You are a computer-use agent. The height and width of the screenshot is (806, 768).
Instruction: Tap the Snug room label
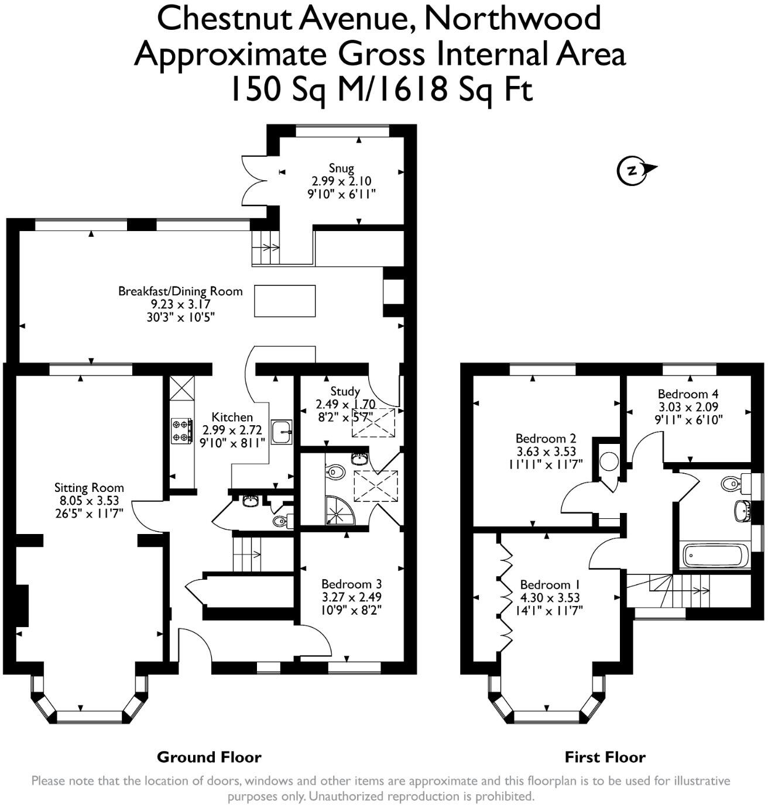point(341,168)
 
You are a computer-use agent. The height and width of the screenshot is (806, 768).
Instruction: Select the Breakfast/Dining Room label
point(180,291)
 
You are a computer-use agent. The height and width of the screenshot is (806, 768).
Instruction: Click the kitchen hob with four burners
point(181,430)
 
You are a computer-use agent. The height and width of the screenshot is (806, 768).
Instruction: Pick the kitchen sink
point(282,432)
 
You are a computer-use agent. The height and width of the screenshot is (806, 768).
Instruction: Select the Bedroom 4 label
point(688,394)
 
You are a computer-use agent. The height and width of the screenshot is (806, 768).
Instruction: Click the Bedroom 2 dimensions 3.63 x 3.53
point(546,452)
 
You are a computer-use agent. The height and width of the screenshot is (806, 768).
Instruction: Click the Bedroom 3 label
point(352,583)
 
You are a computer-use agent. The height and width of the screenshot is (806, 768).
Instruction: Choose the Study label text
point(345,391)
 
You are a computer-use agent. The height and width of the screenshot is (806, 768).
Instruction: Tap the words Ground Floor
point(209,757)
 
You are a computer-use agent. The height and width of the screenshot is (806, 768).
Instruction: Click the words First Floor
point(605,757)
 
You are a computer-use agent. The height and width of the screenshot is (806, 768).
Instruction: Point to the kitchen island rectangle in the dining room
point(284,301)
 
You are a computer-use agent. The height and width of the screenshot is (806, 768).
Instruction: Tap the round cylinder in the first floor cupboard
point(609,461)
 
